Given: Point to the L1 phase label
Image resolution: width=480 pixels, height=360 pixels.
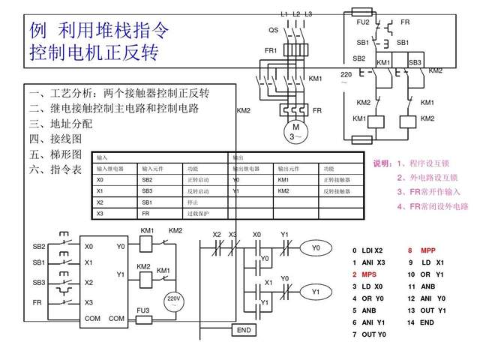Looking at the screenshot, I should coord(284,13).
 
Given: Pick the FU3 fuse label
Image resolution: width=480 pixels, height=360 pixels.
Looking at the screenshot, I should coord(142,309).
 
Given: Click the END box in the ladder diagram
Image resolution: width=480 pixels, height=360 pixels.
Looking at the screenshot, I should coord(244,330).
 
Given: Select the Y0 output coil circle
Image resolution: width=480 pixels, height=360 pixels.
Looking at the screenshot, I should coord(316,247).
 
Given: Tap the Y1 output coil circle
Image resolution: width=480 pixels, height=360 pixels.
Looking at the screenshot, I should coord(316,291).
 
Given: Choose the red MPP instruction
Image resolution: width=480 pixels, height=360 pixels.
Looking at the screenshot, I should coord(427,250).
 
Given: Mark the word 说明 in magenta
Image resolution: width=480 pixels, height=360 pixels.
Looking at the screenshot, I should coord(382,163).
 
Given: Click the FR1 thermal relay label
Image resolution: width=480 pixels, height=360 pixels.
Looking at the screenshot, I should coord(271,50).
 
